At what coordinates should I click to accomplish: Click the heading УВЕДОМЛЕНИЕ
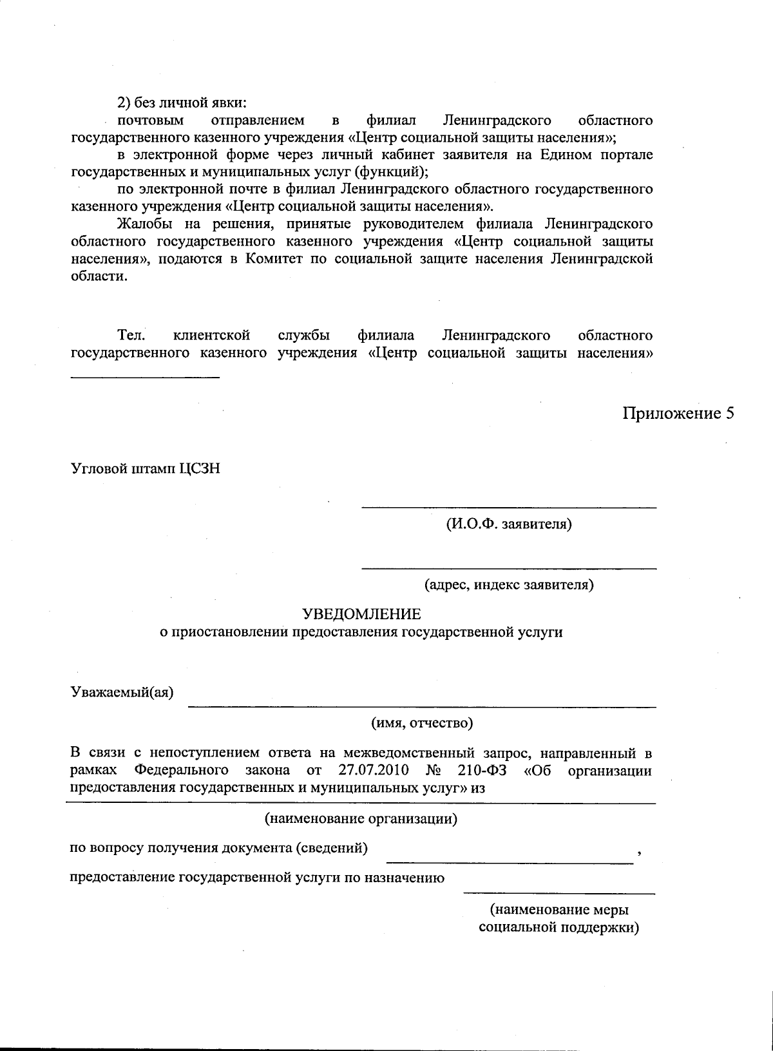(361, 613)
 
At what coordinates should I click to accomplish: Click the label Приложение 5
(678, 413)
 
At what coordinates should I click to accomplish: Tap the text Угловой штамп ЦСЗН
(145, 468)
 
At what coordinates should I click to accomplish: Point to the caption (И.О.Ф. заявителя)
(508, 524)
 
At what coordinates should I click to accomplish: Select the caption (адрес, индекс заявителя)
(508, 585)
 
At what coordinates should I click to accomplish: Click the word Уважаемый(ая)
(122, 693)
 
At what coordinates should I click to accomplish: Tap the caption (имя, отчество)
(422, 723)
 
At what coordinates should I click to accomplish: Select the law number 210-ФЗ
(484, 770)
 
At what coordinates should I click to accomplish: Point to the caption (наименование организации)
(361, 819)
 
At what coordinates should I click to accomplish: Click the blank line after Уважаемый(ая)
(421, 707)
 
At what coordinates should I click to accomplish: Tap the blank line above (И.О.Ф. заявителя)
(508, 508)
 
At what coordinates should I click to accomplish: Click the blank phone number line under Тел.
(145, 376)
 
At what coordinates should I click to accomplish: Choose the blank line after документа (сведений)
(509, 862)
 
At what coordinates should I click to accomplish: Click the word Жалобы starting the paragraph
(142, 224)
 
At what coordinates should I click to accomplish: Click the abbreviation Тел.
(131, 335)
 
